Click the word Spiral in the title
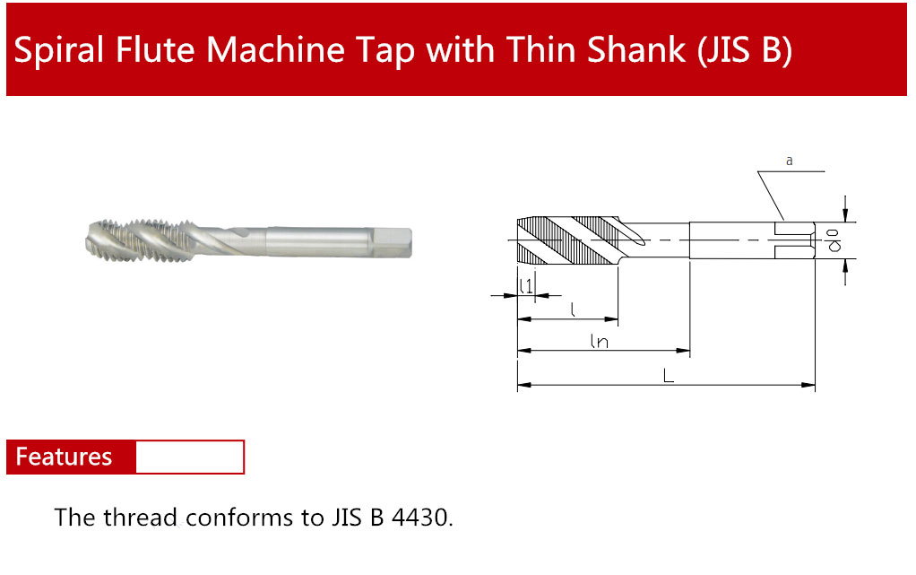pyautogui.click(x=58, y=50)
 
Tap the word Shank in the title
pyautogui.click(x=635, y=49)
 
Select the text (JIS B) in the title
pyautogui.click(x=745, y=50)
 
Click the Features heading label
pyautogui.click(x=64, y=457)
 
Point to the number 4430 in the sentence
pyautogui.click(x=421, y=518)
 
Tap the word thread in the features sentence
pyautogui.click(x=141, y=517)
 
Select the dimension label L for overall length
pyautogui.click(x=669, y=375)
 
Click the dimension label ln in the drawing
pyautogui.click(x=600, y=341)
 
